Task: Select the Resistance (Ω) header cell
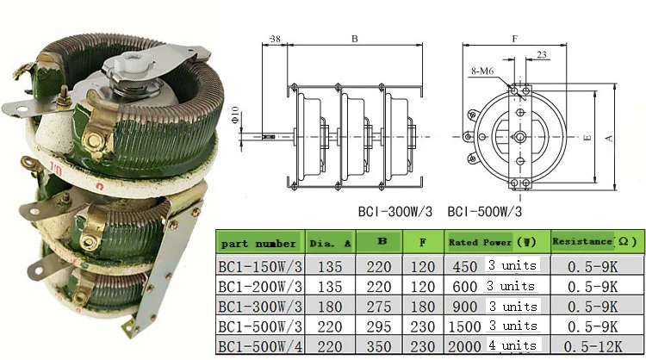click(x=597, y=241)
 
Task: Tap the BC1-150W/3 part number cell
click(x=260, y=266)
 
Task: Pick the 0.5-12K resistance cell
click(x=593, y=346)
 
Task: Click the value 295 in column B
click(x=379, y=326)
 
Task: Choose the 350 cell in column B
click(x=379, y=346)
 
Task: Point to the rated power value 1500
click(x=464, y=326)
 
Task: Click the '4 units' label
click(x=512, y=345)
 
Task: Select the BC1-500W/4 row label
click(x=260, y=346)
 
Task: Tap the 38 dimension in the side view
click(x=275, y=39)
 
